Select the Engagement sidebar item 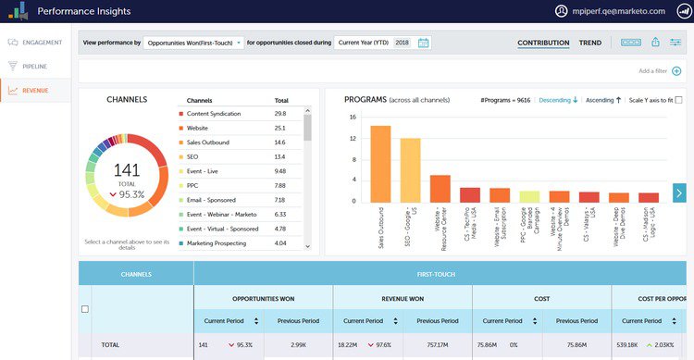[36, 43]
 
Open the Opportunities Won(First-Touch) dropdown [194, 43]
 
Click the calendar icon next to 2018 [424, 43]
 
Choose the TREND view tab [589, 43]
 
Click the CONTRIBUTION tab [543, 43]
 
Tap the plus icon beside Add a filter [676, 70]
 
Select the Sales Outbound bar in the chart [380, 163]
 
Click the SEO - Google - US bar [410, 169]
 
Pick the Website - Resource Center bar [440, 188]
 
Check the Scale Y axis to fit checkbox [679, 100]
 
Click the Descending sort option [558, 100]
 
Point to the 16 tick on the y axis [353, 118]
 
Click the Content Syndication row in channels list [214, 114]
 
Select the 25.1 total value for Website [279, 128]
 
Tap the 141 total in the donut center [126, 170]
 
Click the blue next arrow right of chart [680, 192]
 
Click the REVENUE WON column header [403, 298]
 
